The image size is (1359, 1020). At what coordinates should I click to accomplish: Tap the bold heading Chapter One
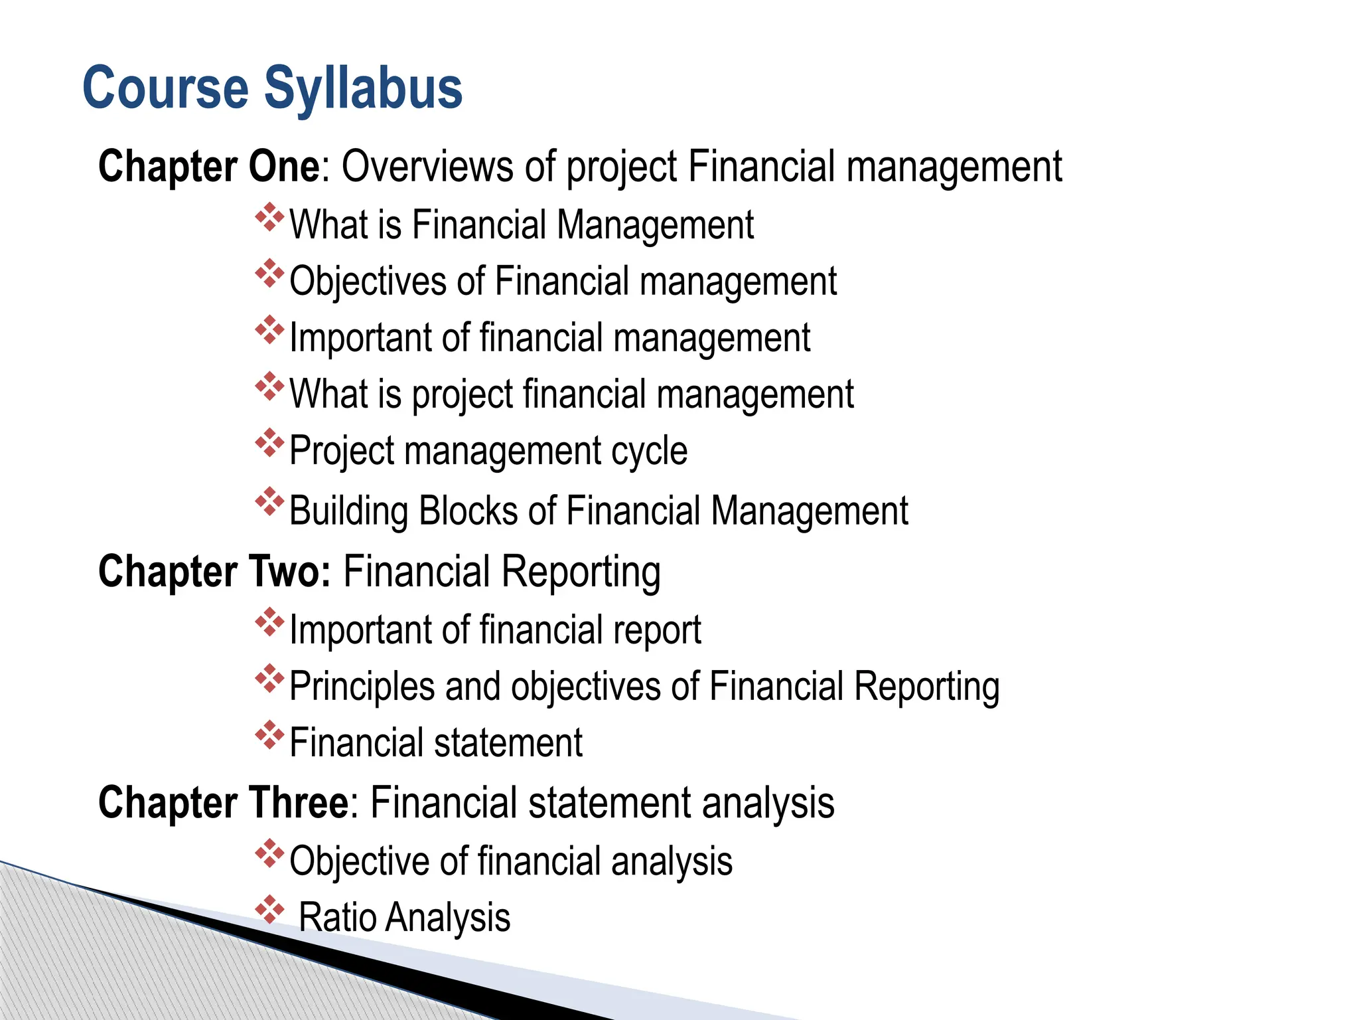[x=209, y=166]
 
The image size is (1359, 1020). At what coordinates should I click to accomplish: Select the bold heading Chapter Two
[x=214, y=571]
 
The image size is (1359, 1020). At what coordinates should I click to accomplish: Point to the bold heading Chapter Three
[x=223, y=802]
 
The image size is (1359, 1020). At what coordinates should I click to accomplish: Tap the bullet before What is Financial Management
[x=269, y=217]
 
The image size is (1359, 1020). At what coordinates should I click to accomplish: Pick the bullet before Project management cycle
[x=269, y=443]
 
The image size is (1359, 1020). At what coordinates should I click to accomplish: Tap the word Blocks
[x=468, y=511]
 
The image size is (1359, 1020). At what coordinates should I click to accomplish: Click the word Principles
[x=362, y=687]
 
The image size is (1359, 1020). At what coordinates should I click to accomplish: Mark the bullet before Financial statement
[x=269, y=735]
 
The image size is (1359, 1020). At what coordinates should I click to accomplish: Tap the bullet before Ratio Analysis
[x=269, y=910]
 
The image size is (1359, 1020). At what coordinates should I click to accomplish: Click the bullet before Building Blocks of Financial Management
[x=269, y=503]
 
